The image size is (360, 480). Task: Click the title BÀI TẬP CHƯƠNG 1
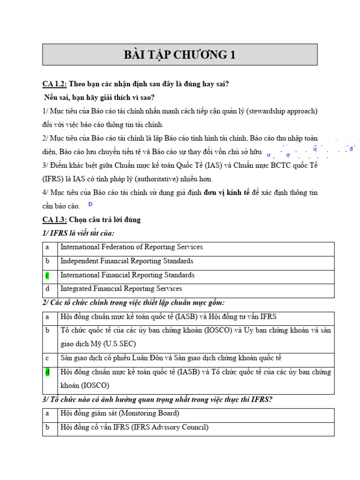click(180, 55)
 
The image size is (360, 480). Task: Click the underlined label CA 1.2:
click(54, 84)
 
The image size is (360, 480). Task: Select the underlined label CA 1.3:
click(54, 219)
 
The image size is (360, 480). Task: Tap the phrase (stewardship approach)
click(282, 111)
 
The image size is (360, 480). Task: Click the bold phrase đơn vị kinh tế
click(226, 192)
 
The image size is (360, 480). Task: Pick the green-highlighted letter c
click(47, 275)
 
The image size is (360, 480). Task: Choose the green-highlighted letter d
click(47, 372)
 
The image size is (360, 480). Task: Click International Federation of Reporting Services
click(131, 247)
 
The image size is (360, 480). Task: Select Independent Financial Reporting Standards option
click(127, 261)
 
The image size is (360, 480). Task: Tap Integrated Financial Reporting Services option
click(121, 289)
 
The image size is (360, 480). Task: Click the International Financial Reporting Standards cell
click(127, 275)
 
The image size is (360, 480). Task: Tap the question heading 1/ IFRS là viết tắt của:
click(78, 233)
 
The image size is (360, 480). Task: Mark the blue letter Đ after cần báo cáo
click(90, 204)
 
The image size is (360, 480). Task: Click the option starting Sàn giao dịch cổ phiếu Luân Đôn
click(171, 358)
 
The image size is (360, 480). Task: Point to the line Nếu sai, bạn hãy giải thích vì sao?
click(99, 97)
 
